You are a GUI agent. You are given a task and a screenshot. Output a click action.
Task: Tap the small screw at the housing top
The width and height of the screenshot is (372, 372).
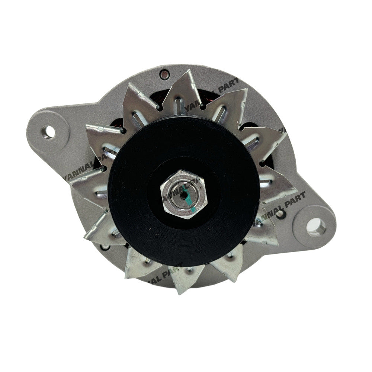pos(162,75)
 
